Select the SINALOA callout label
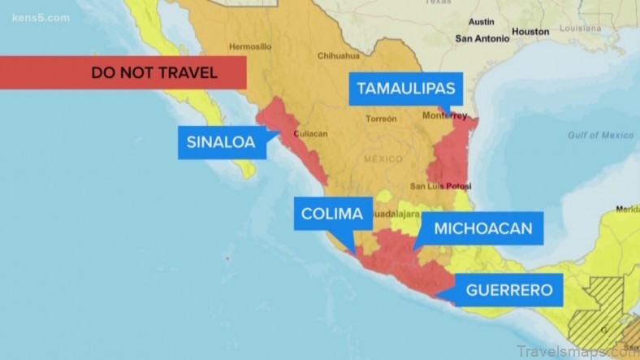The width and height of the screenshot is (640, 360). coord(221,143)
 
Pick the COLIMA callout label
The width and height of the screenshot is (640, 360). coord(331,215)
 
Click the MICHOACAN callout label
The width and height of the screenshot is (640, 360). coord(482,228)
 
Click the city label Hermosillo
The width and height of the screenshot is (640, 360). coord(250,46)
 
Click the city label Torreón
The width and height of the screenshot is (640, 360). coord(381,119)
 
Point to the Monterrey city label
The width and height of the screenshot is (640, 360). coord(445,115)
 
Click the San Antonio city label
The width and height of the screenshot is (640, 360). coord(482,37)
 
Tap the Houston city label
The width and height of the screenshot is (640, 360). coord(530,32)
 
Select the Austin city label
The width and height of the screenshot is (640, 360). coord(482,22)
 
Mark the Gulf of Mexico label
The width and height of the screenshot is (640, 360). coord(600,135)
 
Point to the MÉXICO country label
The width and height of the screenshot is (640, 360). coord(383,158)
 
